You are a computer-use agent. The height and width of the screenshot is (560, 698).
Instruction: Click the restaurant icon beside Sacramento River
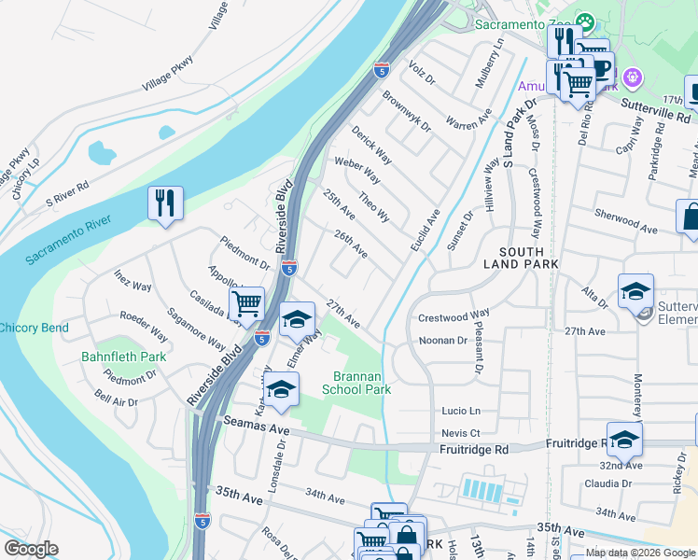click(x=165, y=203)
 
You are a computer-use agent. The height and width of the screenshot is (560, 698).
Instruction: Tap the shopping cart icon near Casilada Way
click(x=246, y=303)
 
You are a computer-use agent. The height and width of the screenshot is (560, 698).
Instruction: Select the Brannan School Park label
click(x=356, y=383)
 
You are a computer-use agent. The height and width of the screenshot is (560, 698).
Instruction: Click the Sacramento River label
click(x=68, y=240)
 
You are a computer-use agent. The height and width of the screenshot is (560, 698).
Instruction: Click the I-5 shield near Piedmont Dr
click(x=289, y=268)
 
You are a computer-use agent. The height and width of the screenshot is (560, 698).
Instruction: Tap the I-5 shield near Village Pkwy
click(x=381, y=68)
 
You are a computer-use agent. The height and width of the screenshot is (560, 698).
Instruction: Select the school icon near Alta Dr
click(x=635, y=291)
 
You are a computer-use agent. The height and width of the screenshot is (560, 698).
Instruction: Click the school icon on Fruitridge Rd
click(x=624, y=438)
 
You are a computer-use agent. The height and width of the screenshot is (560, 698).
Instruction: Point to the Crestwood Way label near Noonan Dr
click(x=454, y=316)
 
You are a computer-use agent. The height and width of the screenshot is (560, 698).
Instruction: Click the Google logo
click(x=31, y=549)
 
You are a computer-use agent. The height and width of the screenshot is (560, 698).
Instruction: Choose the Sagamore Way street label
click(x=196, y=327)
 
